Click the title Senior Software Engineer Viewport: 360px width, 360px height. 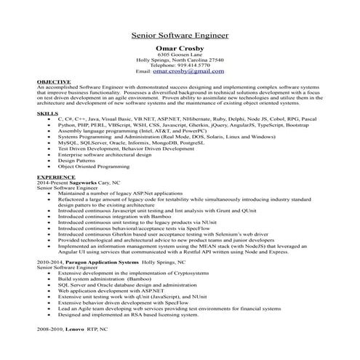pos(179,34)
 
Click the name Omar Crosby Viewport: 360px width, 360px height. pos(179,49)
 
